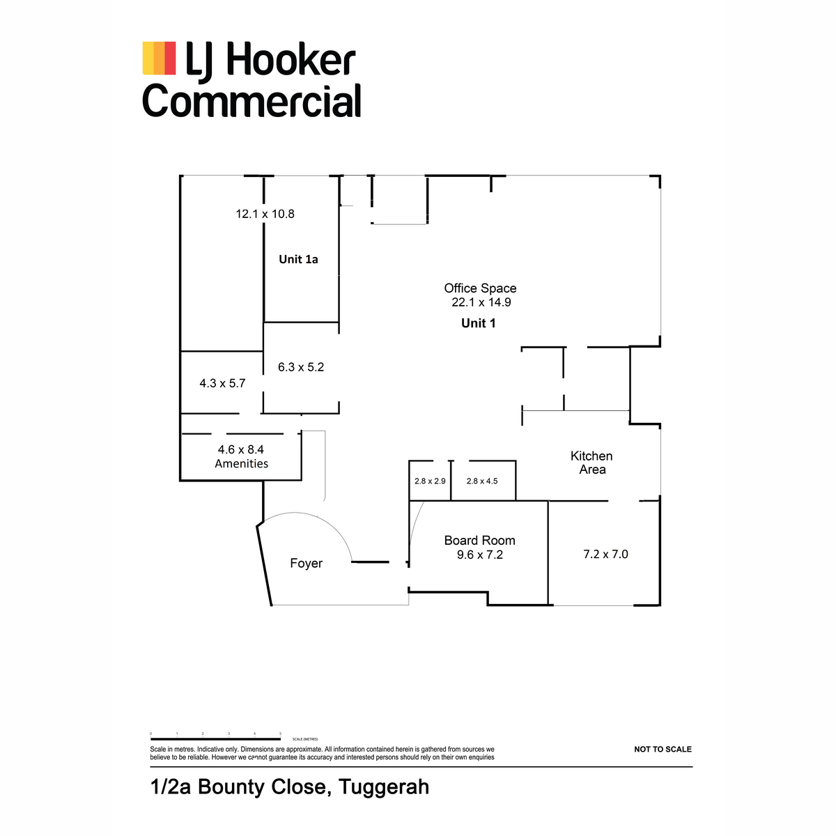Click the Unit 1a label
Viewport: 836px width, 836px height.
pyautogui.click(x=298, y=259)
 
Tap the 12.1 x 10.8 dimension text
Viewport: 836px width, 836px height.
pyautogui.click(x=265, y=214)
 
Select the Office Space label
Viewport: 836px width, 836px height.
pyautogui.click(x=480, y=288)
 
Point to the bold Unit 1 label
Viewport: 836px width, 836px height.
pyautogui.click(x=479, y=323)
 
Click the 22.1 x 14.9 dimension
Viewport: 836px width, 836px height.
pyautogui.click(x=481, y=302)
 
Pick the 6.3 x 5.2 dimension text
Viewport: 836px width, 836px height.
pyautogui.click(x=301, y=367)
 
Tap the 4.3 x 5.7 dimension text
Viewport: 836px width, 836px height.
pyautogui.click(x=222, y=383)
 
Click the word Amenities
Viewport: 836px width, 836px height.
pyautogui.click(x=241, y=464)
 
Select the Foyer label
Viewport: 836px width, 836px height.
pyautogui.click(x=306, y=563)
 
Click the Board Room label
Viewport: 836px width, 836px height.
pyautogui.click(x=479, y=541)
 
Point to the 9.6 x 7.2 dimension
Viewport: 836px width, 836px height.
pyautogui.click(x=479, y=555)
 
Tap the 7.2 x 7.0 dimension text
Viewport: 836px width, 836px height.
pyautogui.click(x=605, y=555)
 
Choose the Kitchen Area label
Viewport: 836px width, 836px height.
pyautogui.click(x=591, y=463)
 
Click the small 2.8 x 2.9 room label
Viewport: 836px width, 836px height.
pyautogui.click(x=430, y=481)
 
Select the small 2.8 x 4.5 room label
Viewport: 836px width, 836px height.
pyautogui.click(x=482, y=481)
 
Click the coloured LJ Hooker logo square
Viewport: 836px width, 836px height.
pyautogui.click(x=159, y=58)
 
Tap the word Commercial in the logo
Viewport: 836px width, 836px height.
pyautogui.click(x=251, y=101)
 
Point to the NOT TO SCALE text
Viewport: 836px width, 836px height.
pyautogui.click(x=663, y=750)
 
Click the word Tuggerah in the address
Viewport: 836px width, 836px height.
pyautogui.click(x=385, y=787)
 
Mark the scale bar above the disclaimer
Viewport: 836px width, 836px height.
pyautogui.click(x=216, y=738)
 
